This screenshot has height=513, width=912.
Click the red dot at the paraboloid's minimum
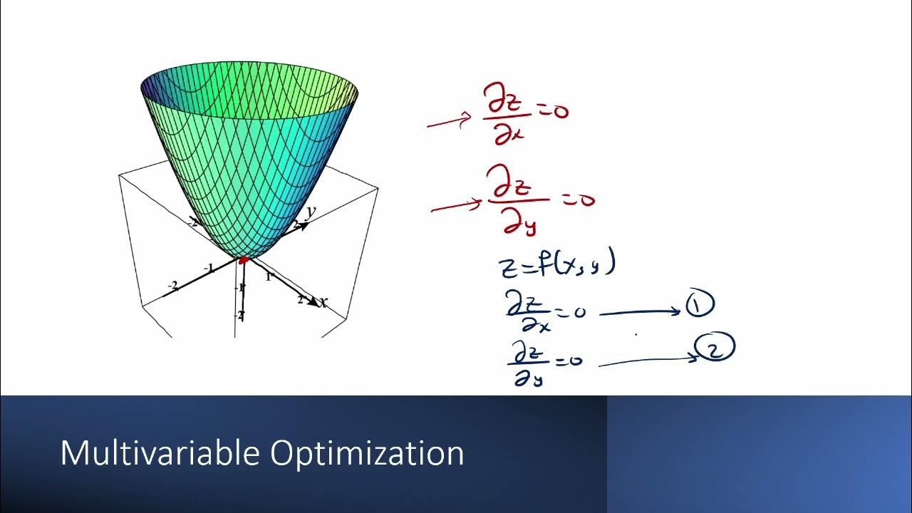[244, 260]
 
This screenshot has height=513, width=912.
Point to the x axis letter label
[324, 303]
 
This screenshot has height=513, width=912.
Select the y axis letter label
[311, 212]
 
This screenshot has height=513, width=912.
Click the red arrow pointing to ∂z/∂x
[449, 122]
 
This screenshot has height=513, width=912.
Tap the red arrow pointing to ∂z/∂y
[456, 207]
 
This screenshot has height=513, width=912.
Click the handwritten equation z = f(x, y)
[556, 265]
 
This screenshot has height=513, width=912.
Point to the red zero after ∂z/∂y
[586, 200]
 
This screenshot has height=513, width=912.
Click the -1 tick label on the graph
[209, 269]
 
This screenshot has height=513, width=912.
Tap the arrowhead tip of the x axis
[318, 304]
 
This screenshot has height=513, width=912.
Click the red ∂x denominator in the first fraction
[509, 135]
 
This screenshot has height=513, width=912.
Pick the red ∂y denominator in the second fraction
[519, 225]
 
